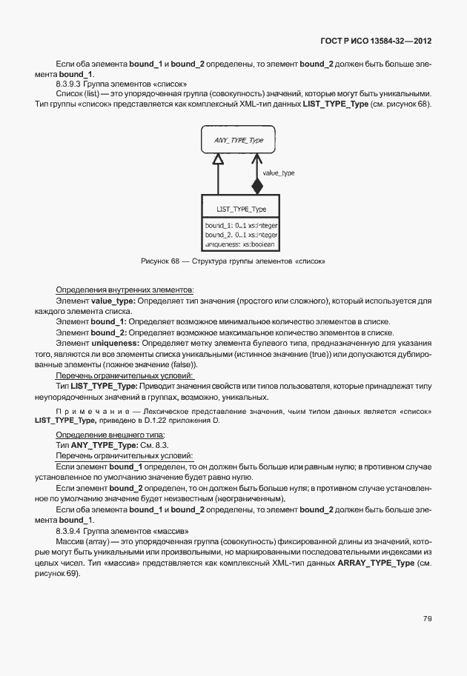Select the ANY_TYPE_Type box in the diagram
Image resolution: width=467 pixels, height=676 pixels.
click(238, 139)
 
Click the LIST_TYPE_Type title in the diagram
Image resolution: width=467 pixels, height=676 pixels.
click(241, 209)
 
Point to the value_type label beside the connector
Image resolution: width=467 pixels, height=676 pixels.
click(279, 173)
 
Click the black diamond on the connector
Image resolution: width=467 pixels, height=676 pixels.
click(256, 185)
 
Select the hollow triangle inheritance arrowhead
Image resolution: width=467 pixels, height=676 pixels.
click(217, 158)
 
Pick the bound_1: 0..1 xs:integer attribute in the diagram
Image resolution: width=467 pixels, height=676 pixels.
click(241, 224)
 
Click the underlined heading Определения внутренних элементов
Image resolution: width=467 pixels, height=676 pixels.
click(125, 289)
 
